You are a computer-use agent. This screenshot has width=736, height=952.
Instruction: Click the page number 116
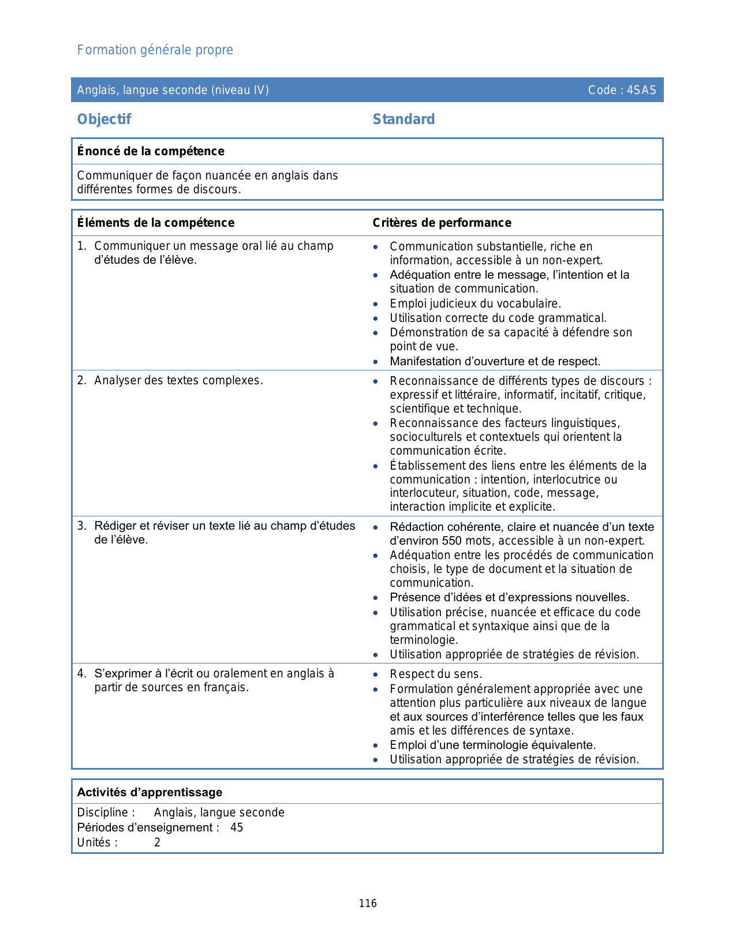click(x=368, y=904)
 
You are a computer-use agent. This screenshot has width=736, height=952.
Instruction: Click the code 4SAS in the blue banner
click(x=641, y=90)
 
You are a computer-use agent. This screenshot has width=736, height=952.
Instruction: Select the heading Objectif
click(x=104, y=119)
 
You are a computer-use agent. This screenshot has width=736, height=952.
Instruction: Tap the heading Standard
click(x=404, y=119)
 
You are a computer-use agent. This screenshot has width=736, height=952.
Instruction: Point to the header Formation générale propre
click(x=155, y=50)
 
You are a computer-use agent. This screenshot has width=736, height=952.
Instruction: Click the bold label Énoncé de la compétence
click(x=151, y=151)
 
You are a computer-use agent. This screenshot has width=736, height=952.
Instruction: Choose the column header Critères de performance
click(x=442, y=223)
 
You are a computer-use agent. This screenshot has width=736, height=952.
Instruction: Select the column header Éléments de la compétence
click(x=156, y=223)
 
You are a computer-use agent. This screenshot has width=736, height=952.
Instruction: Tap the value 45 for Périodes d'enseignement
click(x=237, y=827)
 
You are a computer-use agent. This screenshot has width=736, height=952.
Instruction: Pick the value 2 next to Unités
click(x=157, y=842)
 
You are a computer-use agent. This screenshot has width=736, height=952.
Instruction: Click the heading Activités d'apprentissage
click(x=150, y=792)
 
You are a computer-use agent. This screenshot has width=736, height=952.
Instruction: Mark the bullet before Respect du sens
click(x=376, y=674)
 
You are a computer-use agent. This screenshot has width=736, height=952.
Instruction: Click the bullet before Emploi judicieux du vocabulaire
click(x=376, y=304)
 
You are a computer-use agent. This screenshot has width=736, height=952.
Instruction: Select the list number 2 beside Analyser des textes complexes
click(x=81, y=380)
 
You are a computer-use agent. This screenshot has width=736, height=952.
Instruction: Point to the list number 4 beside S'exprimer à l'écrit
click(x=81, y=673)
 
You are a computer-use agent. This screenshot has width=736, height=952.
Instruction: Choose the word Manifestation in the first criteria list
click(x=425, y=361)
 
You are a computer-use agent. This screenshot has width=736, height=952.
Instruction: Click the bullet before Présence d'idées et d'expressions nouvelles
click(x=376, y=598)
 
